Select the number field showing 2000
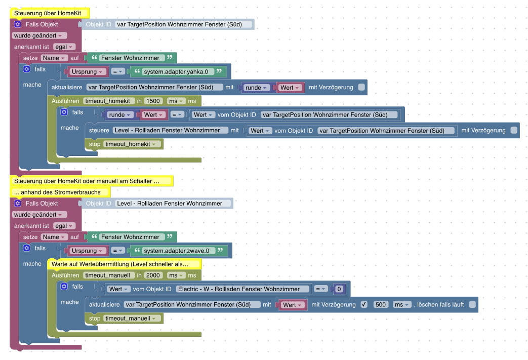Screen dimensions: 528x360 point(152,275)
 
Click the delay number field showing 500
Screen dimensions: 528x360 point(381,305)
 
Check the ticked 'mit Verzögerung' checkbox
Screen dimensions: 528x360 point(364,305)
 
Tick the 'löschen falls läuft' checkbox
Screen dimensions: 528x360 point(472,305)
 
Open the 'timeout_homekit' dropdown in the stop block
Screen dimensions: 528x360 point(133,144)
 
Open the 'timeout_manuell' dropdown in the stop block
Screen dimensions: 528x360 point(133,318)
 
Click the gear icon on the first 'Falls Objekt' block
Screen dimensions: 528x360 point(18,24)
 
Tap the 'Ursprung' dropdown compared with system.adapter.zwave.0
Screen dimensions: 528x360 point(87,251)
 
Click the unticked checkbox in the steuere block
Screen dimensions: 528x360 point(514,130)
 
